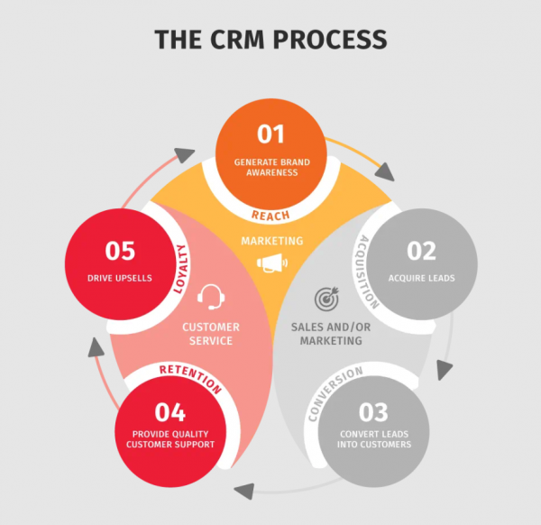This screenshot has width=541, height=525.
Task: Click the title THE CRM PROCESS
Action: (270, 39)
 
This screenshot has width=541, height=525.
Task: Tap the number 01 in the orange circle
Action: (270, 134)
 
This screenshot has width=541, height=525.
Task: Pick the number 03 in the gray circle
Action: (372, 412)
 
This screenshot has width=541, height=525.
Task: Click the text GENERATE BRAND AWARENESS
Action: (270, 167)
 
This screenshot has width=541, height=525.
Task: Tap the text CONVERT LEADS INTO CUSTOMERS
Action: (372, 438)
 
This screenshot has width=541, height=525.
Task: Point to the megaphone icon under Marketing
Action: (271, 263)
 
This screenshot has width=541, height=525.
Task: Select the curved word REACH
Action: (271, 213)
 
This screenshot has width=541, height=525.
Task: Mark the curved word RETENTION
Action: (188, 376)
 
